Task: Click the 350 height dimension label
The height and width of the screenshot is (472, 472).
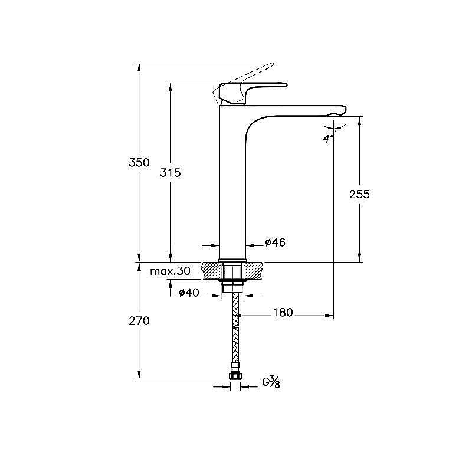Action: [x=139, y=163]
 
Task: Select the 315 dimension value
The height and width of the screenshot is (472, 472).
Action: [x=171, y=173]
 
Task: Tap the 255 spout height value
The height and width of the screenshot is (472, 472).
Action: [x=359, y=195]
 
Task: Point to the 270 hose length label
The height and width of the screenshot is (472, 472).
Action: [x=139, y=321]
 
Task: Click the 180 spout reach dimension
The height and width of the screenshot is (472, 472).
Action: [x=283, y=313]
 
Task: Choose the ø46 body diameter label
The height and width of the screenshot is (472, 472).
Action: [x=275, y=242]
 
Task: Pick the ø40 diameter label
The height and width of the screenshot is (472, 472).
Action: [x=189, y=292]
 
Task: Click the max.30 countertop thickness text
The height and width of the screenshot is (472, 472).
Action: [x=171, y=271]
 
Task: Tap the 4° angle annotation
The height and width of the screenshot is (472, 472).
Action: [x=328, y=139]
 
